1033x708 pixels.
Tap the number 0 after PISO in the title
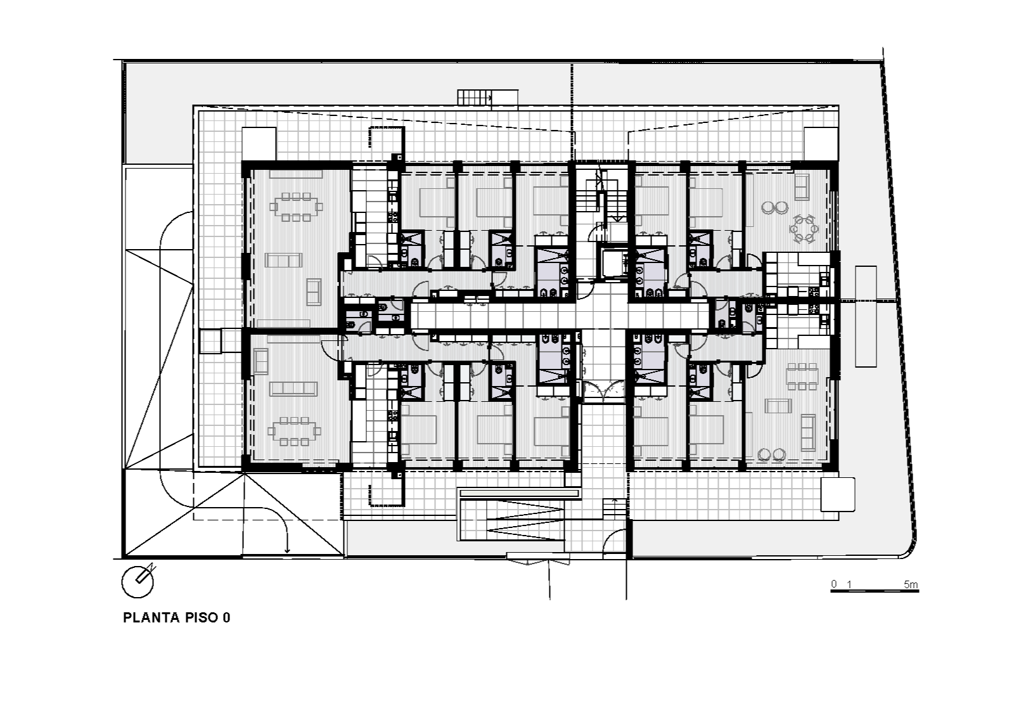tap(226, 617)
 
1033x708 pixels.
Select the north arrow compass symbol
tap(138, 581)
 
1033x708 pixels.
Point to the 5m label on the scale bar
tap(911, 584)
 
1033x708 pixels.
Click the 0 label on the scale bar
tap(834, 584)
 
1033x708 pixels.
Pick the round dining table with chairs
tap(804, 229)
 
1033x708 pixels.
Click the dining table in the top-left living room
tap(296, 207)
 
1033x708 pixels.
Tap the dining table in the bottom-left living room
tap(295, 432)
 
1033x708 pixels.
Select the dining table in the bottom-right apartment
tap(802, 377)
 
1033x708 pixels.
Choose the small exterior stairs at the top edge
tap(474, 98)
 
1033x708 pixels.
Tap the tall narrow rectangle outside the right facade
tap(866, 316)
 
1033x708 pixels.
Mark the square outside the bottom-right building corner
tap(837, 494)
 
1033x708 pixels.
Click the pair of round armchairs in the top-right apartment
tap(774, 207)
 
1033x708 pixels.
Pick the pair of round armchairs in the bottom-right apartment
tap(771, 454)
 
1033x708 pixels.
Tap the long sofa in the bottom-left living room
tap(293, 389)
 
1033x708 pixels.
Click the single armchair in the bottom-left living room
tap(261, 362)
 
